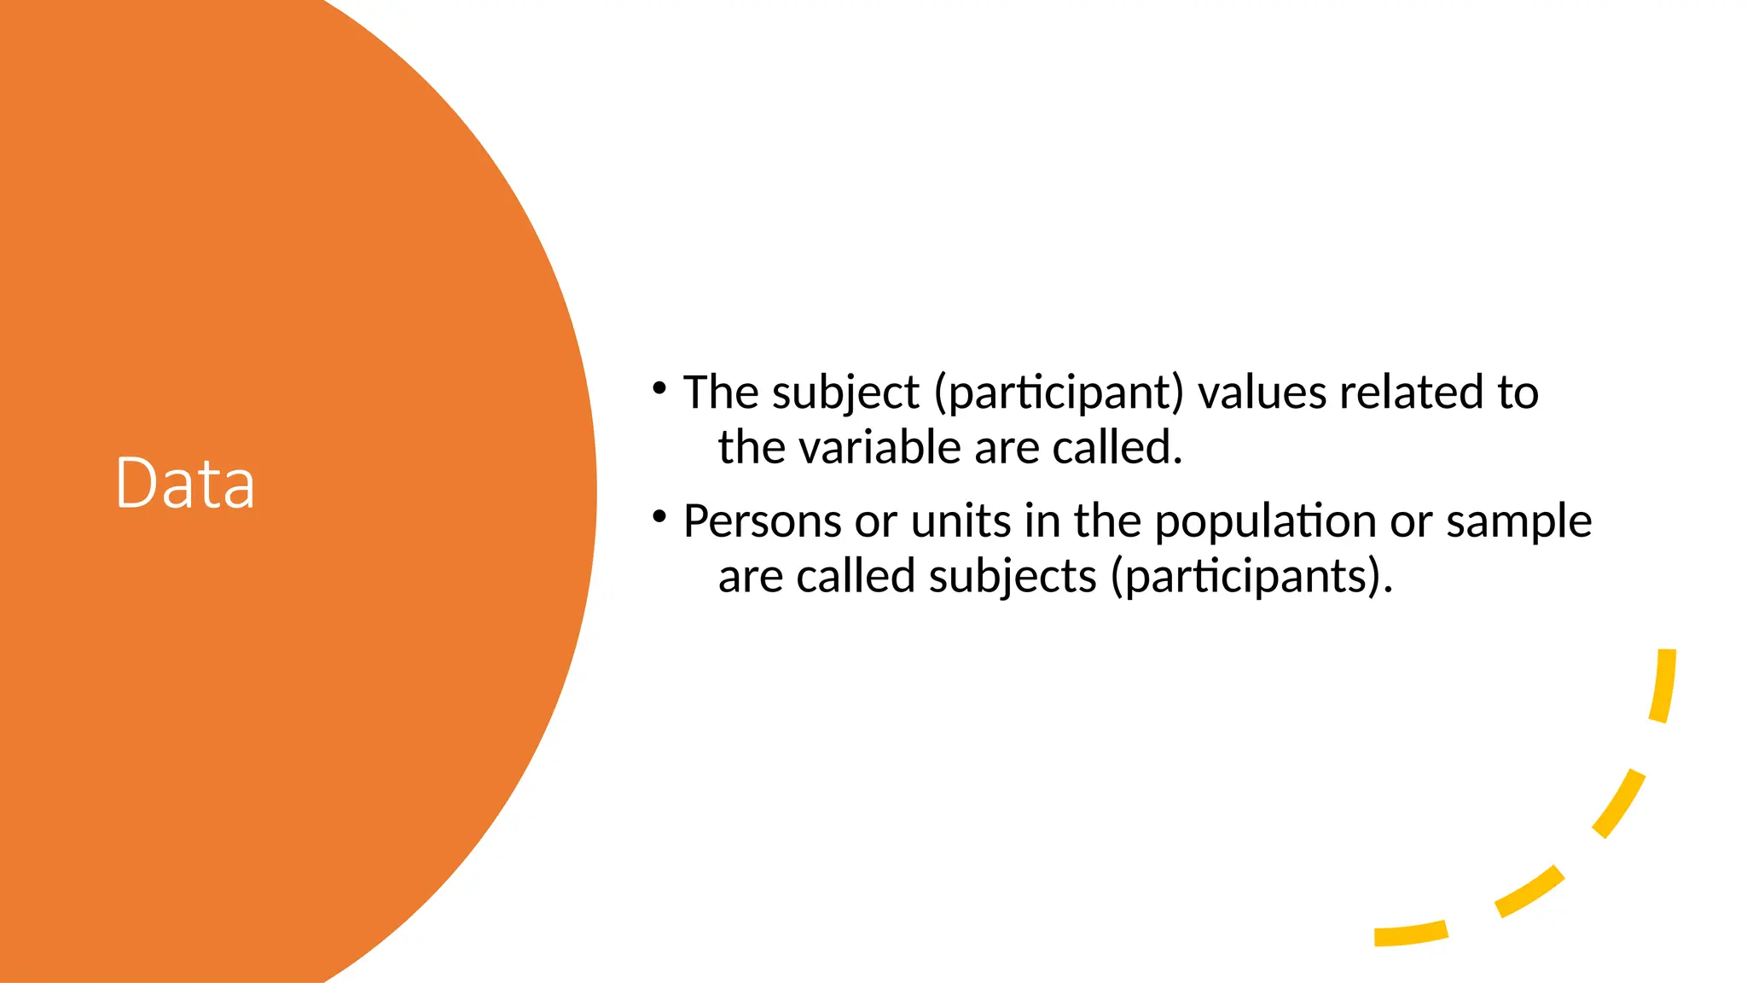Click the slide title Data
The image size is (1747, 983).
pyautogui.click(x=185, y=483)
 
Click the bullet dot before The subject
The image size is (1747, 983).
pyautogui.click(x=659, y=389)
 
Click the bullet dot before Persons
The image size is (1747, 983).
pyautogui.click(x=659, y=517)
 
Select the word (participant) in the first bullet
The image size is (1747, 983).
pyautogui.click(x=1059, y=394)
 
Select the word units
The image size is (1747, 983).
pyautogui.click(x=961, y=521)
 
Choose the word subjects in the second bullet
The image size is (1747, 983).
pyautogui.click(x=1013, y=578)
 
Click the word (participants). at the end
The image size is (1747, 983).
pyautogui.click(x=1251, y=578)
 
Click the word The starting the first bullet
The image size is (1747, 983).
pyautogui.click(x=721, y=393)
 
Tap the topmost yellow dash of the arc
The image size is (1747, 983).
pyautogui.click(x=1663, y=685)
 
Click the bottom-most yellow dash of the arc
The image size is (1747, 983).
pyautogui.click(x=1411, y=934)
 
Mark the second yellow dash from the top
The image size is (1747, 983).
pyautogui.click(x=1619, y=803)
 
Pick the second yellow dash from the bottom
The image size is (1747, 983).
pyautogui.click(x=1530, y=892)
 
